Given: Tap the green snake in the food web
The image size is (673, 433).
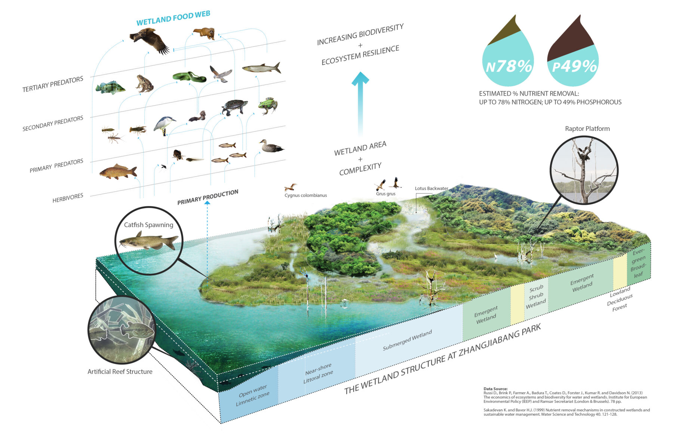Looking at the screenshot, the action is click(189, 77).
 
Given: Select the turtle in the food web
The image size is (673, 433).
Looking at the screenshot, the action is click(234, 107).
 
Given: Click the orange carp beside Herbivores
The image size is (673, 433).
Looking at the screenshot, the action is click(118, 172).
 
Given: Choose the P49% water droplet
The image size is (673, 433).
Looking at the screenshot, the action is click(573, 56).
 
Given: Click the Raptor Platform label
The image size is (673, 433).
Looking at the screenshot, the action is click(587, 129).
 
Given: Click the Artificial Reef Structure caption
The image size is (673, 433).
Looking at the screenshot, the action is click(120, 372).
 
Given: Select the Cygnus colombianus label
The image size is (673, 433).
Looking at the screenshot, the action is click(305, 195).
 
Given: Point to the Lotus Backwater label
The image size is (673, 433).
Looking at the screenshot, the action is click(431, 188).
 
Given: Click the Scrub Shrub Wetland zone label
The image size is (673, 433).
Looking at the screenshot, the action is click(536, 297).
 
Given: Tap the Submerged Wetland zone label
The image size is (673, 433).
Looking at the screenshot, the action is click(407, 340).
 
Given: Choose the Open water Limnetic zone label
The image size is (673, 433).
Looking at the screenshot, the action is click(252, 395).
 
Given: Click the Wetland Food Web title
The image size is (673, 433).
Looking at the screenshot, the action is click(173, 18).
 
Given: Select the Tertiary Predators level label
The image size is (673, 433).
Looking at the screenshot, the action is click(53, 84).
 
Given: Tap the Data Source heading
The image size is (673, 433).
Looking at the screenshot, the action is click(495, 389).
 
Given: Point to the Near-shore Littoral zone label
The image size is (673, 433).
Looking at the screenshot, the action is click(318, 373).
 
